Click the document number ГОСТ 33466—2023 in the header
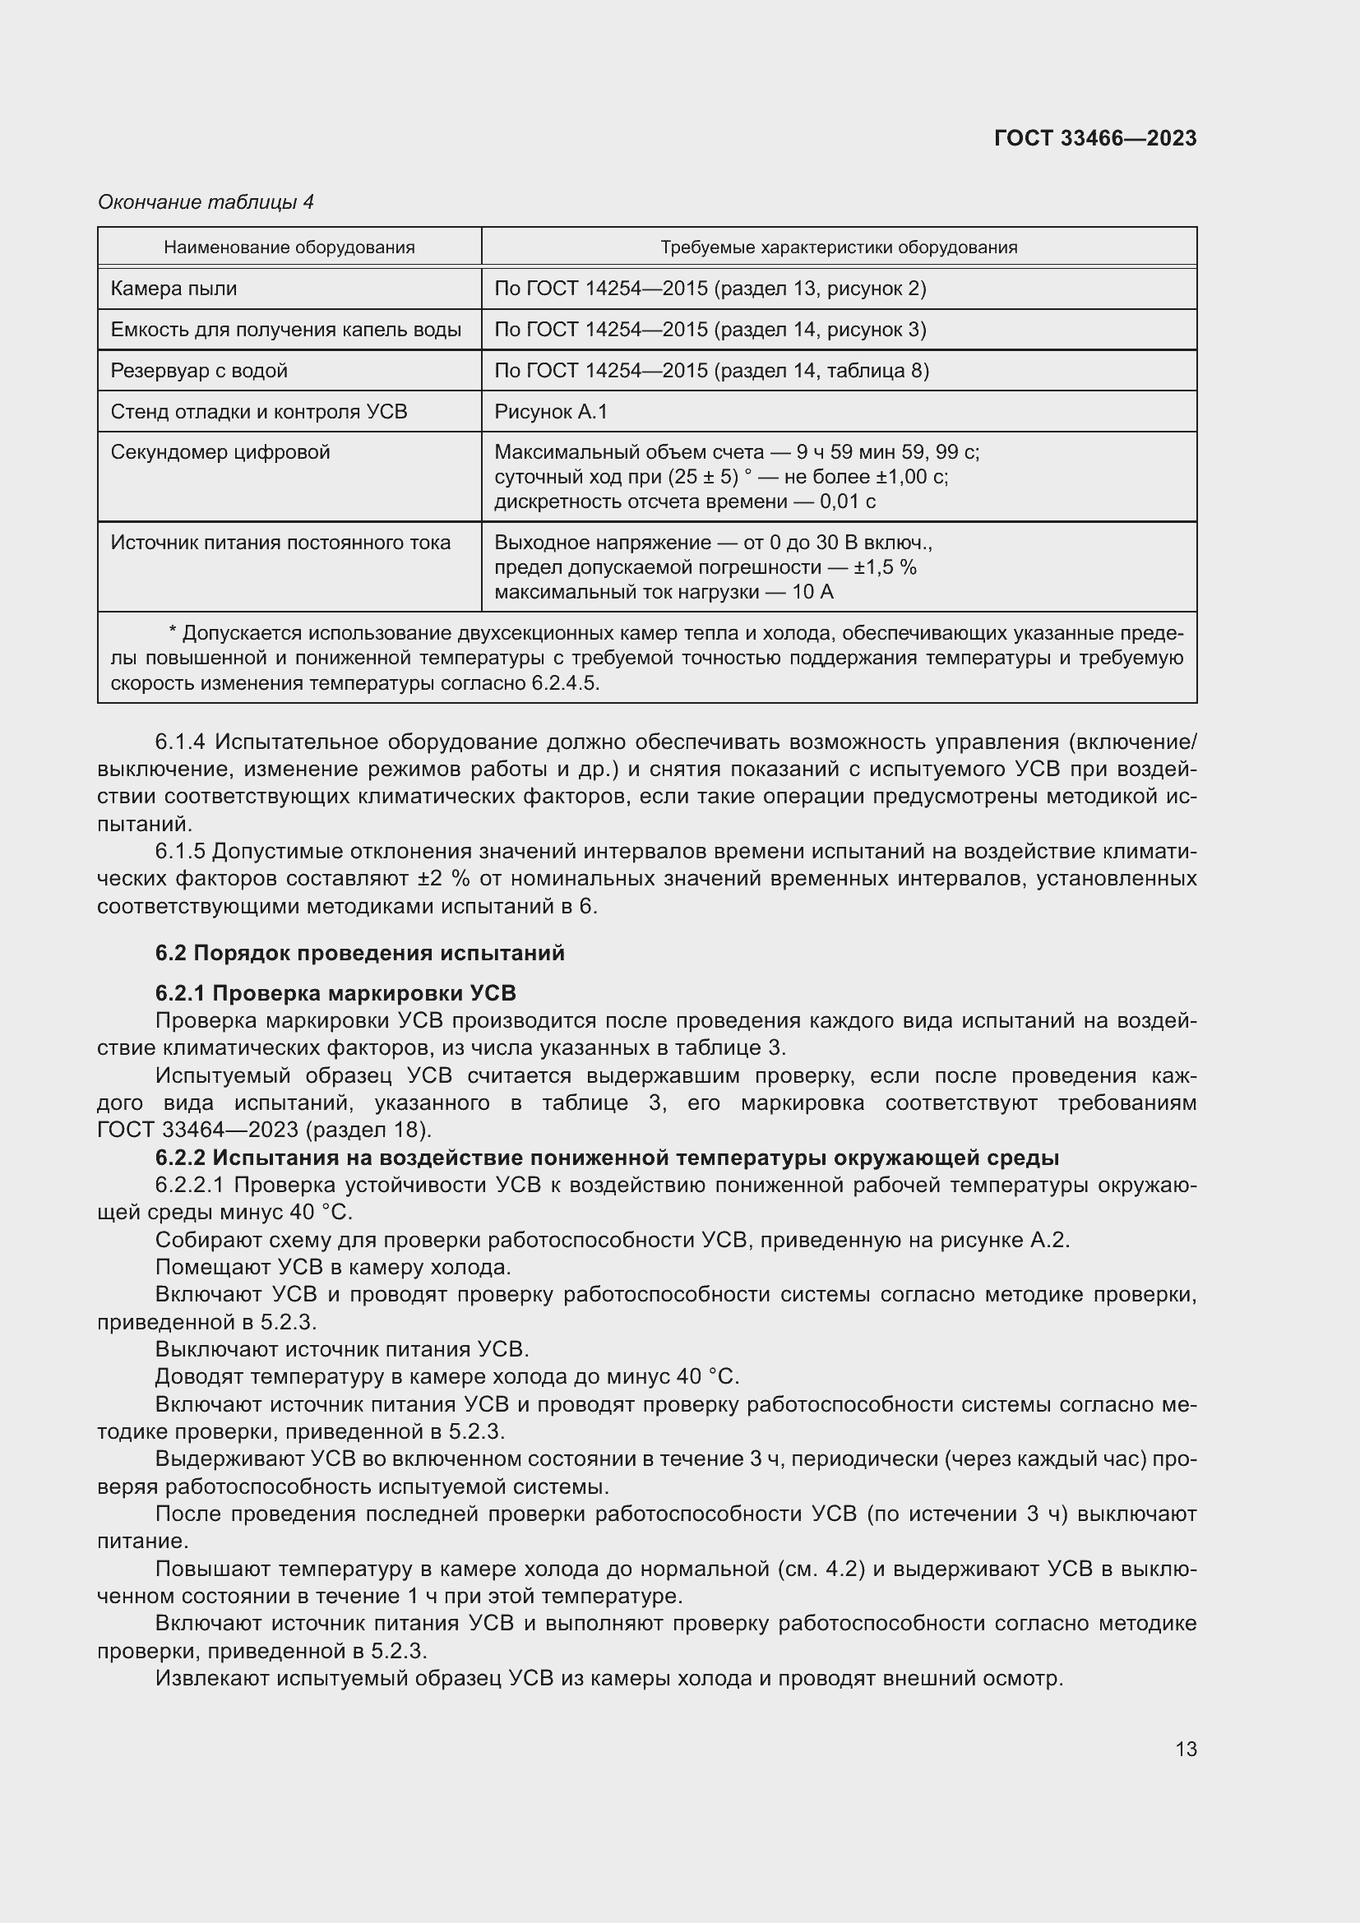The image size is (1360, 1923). click(1094, 138)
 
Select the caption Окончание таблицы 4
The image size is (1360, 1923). click(206, 202)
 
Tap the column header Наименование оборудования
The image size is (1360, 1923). click(289, 247)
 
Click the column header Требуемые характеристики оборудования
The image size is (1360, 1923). click(838, 247)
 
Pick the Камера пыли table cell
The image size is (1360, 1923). click(174, 289)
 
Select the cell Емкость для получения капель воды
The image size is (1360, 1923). click(285, 330)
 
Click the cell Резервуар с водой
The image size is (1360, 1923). click(199, 371)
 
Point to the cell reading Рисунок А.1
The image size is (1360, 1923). click(550, 412)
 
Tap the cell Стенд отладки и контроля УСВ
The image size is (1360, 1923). click(259, 412)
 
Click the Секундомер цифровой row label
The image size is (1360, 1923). click(220, 452)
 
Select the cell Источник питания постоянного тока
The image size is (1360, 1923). click(280, 543)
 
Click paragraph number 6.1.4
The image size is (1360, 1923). click(180, 742)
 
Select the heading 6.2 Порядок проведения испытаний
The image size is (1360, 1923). click(359, 953)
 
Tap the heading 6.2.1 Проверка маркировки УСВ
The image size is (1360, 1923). click(335, 993)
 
